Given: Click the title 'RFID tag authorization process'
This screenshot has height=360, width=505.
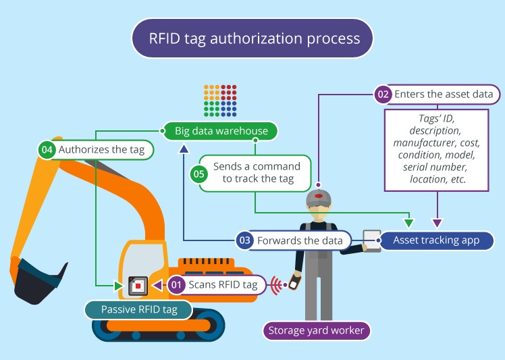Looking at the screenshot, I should tap(252, 38).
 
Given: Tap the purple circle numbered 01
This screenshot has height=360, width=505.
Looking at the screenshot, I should tap(176, 285).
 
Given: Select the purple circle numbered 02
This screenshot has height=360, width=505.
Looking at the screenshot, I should tap(383, 95).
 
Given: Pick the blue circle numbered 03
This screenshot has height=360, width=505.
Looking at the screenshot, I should tap(245, 240).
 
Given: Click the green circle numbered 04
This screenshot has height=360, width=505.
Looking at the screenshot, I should tap(46, 149).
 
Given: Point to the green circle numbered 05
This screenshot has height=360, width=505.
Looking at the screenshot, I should tap(198, 173).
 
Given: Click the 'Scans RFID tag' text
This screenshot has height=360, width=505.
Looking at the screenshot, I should tap(222, 285).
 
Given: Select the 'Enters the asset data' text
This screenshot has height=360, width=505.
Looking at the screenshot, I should tap(444, 95).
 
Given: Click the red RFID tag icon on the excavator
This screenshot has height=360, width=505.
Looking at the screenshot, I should tap(138, 286).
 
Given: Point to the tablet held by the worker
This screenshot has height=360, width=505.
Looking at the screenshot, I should tap(372, 241).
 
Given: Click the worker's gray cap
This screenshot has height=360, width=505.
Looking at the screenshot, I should tap(318, 198).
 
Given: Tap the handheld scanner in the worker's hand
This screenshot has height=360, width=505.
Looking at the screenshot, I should tap(294, 280).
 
